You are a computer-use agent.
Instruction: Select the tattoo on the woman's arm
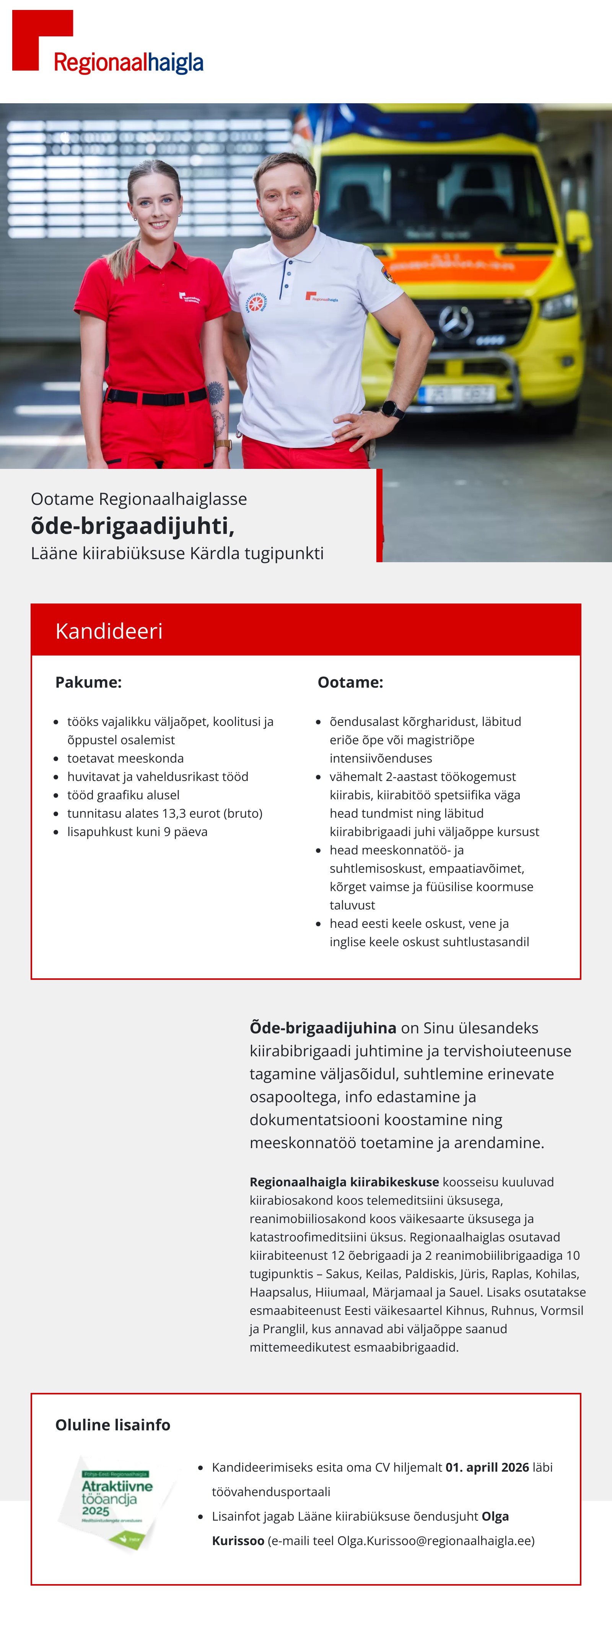(x=215, y=394)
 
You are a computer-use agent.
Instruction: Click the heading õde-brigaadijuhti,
(x=133, y=526)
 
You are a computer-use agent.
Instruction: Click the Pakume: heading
(x=89, y=682)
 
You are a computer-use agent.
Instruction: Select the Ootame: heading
(x=350, y=682)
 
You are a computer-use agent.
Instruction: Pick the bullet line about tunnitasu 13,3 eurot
(x=164, y=813)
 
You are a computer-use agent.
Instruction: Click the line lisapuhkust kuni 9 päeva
(x=137, y=831)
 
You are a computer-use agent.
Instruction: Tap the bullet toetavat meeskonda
(x=125, y=758)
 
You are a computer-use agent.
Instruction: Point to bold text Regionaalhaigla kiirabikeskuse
(x=343, y=1182)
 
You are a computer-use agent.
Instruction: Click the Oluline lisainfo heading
(x=113, y=1425)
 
